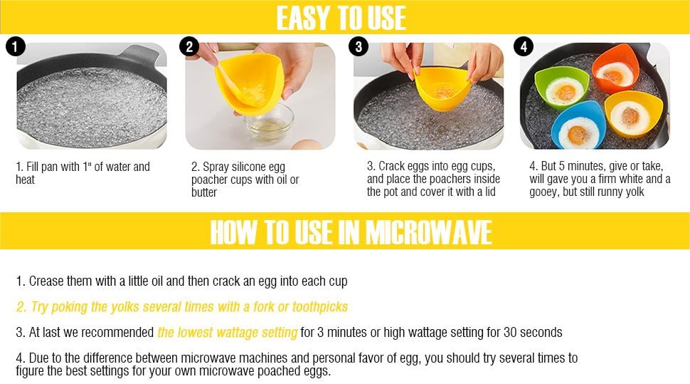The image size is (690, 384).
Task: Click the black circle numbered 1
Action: coord(16,47)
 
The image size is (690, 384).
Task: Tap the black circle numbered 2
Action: coord(189,47)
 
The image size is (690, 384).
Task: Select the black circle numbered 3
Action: coord(359,47)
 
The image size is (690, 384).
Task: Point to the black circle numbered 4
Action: coord(524,47)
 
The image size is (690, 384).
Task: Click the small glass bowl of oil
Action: coord(269,123)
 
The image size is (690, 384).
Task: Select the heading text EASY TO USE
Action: coord(341,18)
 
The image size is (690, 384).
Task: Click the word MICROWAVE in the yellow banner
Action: coord(429,232)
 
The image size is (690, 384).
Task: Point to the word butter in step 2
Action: coord(204,192)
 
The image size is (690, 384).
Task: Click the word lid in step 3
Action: coord(490,192)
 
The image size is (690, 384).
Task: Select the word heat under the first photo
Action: coord(25,180)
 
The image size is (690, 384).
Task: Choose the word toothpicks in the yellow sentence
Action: coord(320,307)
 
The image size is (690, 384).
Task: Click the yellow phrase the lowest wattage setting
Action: coord(228,333)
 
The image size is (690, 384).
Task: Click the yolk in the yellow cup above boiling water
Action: coord(445,93)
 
